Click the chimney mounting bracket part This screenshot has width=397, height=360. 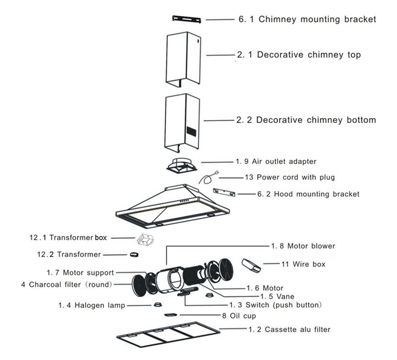coord(188,19)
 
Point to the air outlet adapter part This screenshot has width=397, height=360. coord(183,165)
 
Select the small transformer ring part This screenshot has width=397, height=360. coord(135,254)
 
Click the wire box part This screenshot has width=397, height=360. coord(251,265)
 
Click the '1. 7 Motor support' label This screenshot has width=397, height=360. coord(80,273)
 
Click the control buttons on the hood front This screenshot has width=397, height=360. coord(184,202)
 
